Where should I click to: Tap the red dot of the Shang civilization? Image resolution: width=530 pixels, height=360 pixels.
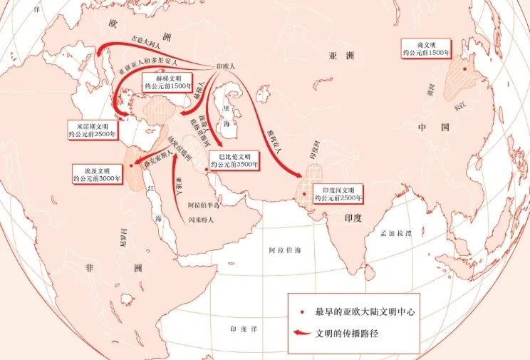pos(465,69)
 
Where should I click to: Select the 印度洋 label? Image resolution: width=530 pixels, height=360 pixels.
pos(240,329)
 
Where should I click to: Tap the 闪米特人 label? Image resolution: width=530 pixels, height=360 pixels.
pos(202,220)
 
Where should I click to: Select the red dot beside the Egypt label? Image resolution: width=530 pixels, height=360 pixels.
pos(132,165)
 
